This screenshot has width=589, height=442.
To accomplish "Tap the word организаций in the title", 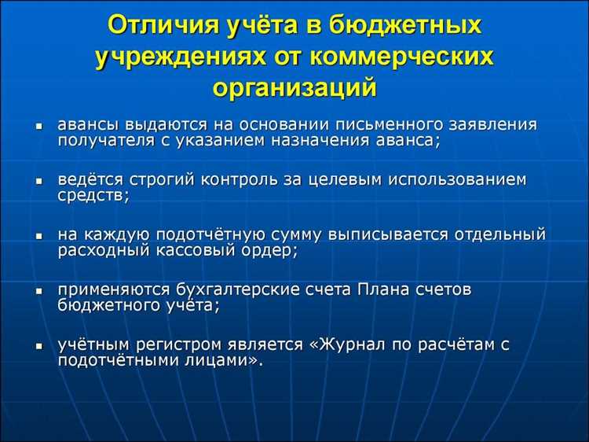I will pyautogui.click(x=294, y=87).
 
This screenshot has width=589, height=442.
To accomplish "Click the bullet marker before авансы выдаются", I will pyautogui.click(x=38, y=127).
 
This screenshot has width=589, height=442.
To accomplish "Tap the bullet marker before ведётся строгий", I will pyautogui.click(x=38, y=182).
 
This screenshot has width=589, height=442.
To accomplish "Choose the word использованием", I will pyautogui.click(x=459, y=180).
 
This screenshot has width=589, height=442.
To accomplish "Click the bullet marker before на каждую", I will pyautogui.click(x=38, y=237).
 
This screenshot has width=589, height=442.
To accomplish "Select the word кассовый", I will pyautogui.click(x=181, y=250).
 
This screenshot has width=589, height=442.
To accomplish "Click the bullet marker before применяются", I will pyautogui.click(x=38, y=292).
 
